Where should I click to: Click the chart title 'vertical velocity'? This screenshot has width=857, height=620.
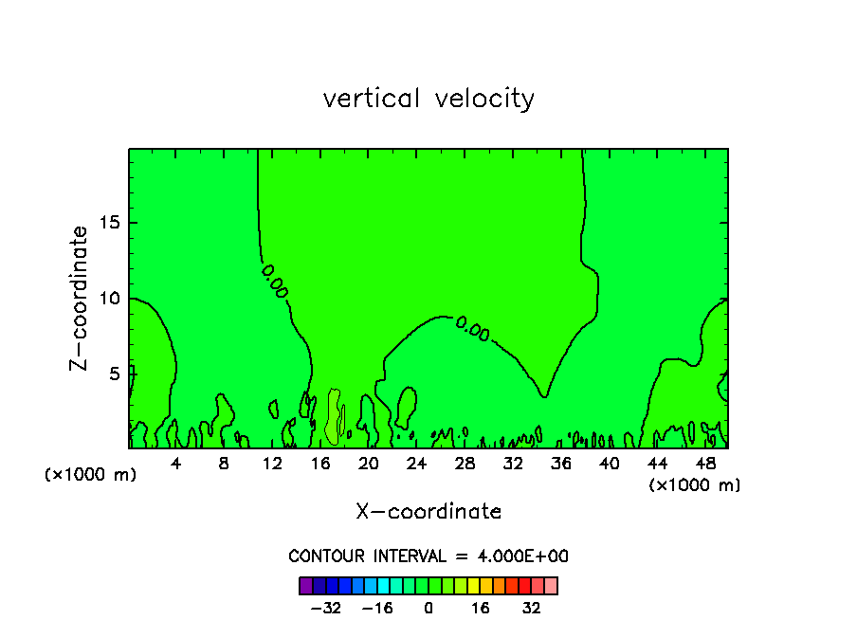[428, 99]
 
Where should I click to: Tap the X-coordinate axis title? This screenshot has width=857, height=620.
[428, 511]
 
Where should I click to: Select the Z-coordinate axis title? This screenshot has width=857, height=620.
[81, 298]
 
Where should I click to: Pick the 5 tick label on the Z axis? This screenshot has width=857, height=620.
[111, 374]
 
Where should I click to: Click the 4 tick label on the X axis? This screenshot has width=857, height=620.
[175, 464]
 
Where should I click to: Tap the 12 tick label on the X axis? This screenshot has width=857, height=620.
[272, 464]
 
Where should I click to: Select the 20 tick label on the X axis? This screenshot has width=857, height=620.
[369, 464]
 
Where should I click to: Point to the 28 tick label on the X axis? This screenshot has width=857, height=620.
[465, 464]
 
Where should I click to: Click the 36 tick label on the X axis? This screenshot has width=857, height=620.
[561, 464]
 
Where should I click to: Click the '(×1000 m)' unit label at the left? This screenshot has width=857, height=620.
[90, 475]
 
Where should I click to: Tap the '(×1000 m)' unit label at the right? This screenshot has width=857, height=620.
[694, 485]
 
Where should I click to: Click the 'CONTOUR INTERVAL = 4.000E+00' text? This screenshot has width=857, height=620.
[428, 556]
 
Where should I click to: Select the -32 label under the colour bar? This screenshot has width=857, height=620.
[327, 607]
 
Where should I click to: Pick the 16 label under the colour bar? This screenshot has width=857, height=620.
[481, 607]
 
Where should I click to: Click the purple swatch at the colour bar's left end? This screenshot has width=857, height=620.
[306, 586]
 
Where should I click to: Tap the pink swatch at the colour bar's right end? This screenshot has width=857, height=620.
[551, 586]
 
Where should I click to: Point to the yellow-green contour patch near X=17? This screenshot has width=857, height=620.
[334, 417]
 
